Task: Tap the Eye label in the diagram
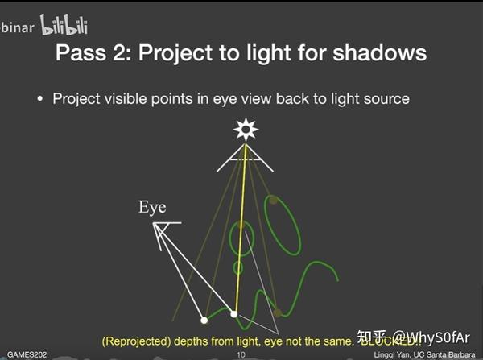[x=152, y=208]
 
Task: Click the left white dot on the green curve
[x=204, y=321]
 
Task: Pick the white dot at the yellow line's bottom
[x=234, y=314]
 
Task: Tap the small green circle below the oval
[x=238, y=267]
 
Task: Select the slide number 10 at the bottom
[x=241, y=354]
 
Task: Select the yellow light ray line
[x=239, y=234]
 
